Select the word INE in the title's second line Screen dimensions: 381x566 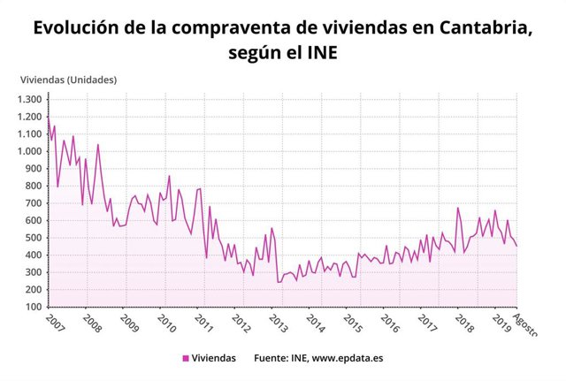(x=319, y=55)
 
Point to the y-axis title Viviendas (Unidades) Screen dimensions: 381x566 (x=68, y=80)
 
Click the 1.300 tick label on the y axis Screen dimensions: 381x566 (x=29, y=99)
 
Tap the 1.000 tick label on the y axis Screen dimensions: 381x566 (x=29, y=151)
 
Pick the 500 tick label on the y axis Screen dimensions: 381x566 (x=34, y=238)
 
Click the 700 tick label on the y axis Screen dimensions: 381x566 (x=34, y=203)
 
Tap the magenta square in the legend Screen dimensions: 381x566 (x=186, y=358)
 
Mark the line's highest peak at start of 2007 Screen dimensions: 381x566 (x=48, y=117)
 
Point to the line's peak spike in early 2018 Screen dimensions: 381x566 (x=457, y=208)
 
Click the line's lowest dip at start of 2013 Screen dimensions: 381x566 (x=278, y=282)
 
